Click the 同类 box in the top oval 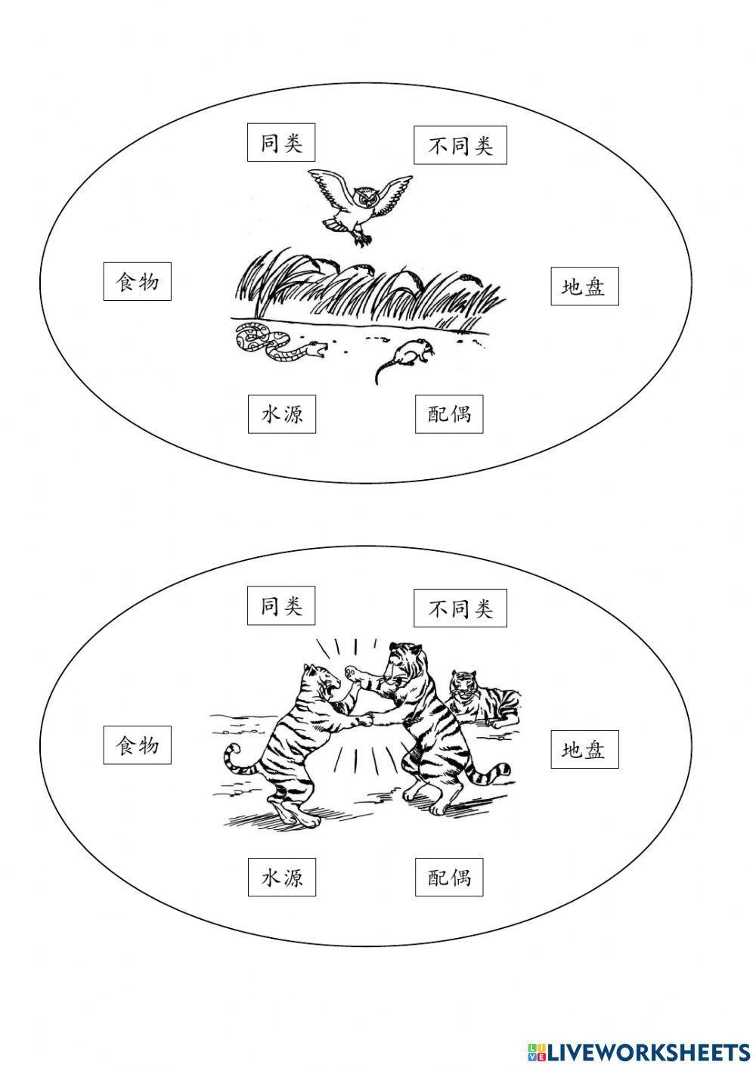[281, 143]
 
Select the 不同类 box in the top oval [460, 145]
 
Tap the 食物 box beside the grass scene [137, 281]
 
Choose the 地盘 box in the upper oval [584, 286]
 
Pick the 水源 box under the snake [281, 414]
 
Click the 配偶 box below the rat [449, 414]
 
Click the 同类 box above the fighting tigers [281, 606]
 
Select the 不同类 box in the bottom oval [460, 608]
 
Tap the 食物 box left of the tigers [137, 745]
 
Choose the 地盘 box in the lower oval [584, 749]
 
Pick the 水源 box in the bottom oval [281, 877]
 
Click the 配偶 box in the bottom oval [449, 877]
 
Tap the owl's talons [364, 240]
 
